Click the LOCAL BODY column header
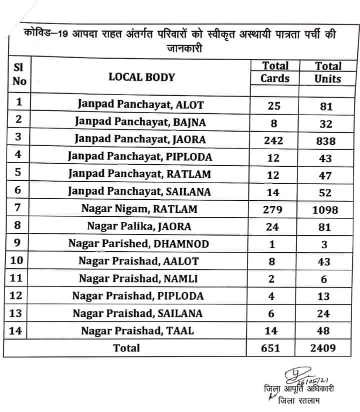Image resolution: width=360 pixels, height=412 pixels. click(x=141, y=77)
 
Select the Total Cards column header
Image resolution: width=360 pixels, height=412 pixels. click(x=275, y=72)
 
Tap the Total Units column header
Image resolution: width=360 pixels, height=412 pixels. click(x=327, y=72)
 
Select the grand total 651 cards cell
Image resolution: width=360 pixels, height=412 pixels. click(x=272, y=348)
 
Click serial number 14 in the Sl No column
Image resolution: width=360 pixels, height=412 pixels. click(x=16, y=330)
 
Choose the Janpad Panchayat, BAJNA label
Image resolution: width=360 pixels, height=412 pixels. click(x=139, y=121)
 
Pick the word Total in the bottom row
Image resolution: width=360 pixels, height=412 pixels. click(x=127, y=348)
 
